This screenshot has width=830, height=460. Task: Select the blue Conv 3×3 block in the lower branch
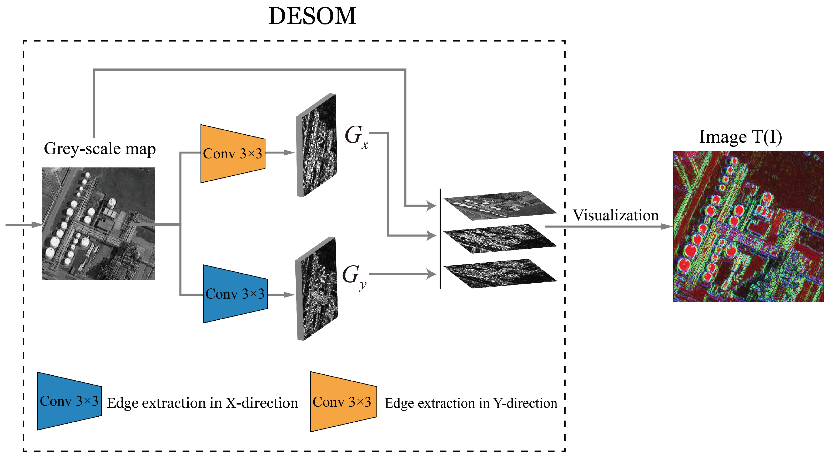tap(235, 294)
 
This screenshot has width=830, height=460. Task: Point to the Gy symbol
tap(354, 276)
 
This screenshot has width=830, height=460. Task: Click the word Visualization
tap(615, 215)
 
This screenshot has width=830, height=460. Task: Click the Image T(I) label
tap(740, 137)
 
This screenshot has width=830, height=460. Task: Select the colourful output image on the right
tap(748, 226)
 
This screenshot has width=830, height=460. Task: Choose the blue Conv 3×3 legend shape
tap(69, 401)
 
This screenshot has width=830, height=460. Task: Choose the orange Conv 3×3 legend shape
tap(343, 401)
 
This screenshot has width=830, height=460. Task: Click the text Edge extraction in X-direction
tap(202, 403)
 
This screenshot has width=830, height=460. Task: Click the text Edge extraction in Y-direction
tap(470, 403)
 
